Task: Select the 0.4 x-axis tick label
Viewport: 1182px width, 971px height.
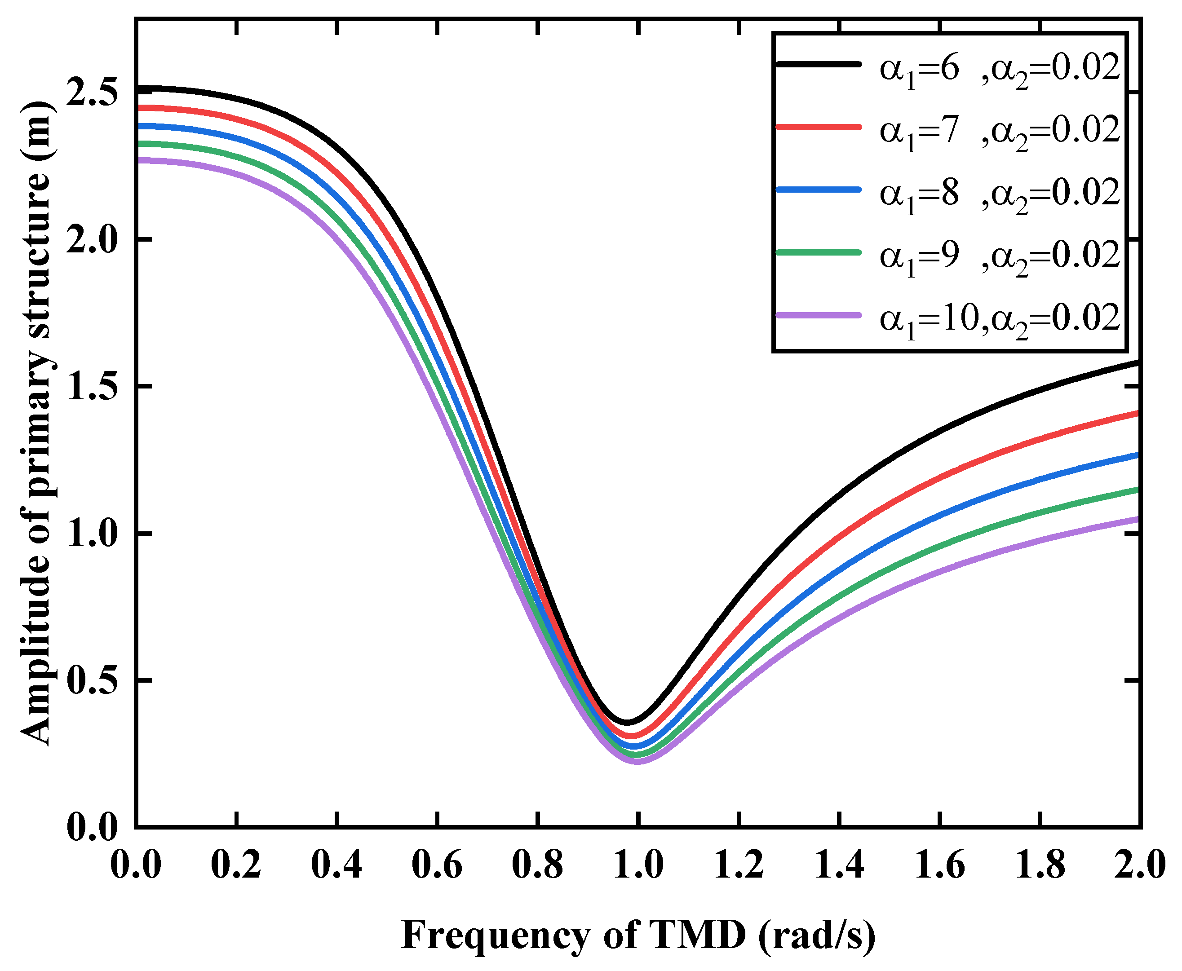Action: point(337,865)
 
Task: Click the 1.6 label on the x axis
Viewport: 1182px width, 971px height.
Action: point(939,865)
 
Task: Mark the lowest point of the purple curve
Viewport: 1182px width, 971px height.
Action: point(637,761)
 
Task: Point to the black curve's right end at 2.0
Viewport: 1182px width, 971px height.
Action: point(1138,362)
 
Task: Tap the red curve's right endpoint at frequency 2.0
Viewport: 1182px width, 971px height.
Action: point(1138,413)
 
